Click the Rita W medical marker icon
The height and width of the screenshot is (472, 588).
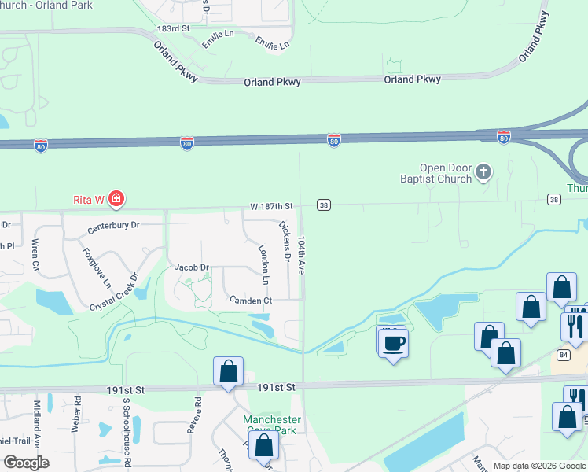coord(116,198)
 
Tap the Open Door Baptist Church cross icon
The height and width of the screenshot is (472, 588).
coord(483,171)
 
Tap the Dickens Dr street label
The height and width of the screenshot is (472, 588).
coord(286,242)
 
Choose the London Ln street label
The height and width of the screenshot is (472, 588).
coord(264,264)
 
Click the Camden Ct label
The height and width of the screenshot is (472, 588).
coord(250,301)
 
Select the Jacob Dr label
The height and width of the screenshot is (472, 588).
coord(191,267)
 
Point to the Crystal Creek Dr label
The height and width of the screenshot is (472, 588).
coord(114,292)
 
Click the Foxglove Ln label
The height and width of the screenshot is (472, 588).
coord(97,268)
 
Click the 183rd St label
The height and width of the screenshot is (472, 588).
coord(173,28)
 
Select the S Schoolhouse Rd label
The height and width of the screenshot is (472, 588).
coord(125,430)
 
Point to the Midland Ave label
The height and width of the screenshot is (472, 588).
coord(36,421)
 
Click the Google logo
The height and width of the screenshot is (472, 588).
coord(26,463)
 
